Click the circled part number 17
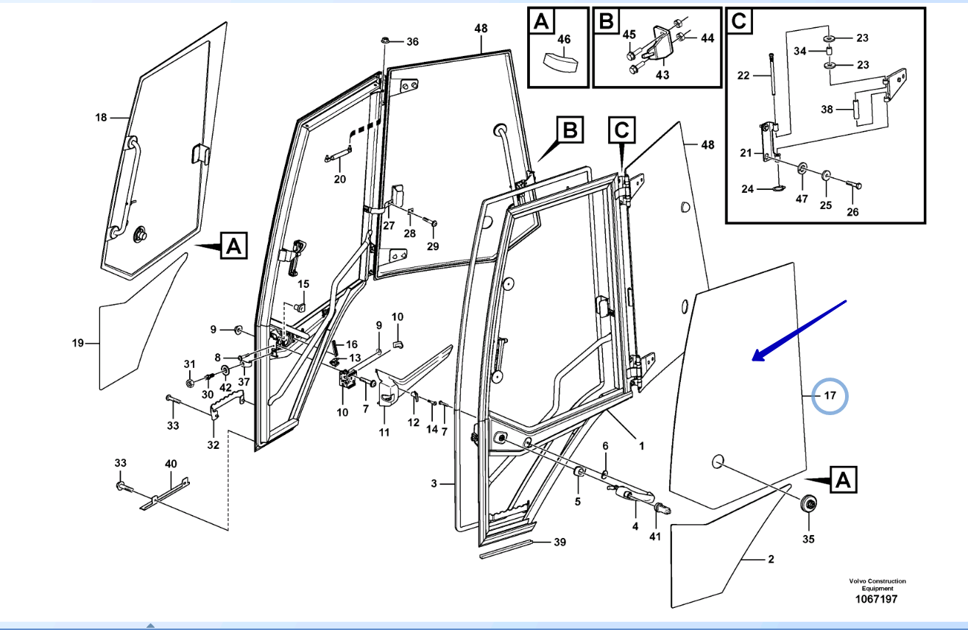tap(830, 397)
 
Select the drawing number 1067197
tap(876, 599)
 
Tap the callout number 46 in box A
tap(564, 39)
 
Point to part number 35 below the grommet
tap(809, 539)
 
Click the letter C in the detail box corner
tap(739, 22)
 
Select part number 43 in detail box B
tap(663, 74)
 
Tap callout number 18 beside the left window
tap(101, 117)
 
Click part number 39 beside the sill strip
tap(559, 542)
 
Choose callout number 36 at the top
tap(412, 41)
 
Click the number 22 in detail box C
tap(743, 75)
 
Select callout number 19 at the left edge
tap(79, 342)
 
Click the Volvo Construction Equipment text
tap(877, 584)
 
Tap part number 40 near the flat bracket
tap(171, 464)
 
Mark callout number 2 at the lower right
tap(771, 559)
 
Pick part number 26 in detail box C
tap(852, 213)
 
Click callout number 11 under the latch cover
tap(384, 432)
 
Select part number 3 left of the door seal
tap(434, 484)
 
